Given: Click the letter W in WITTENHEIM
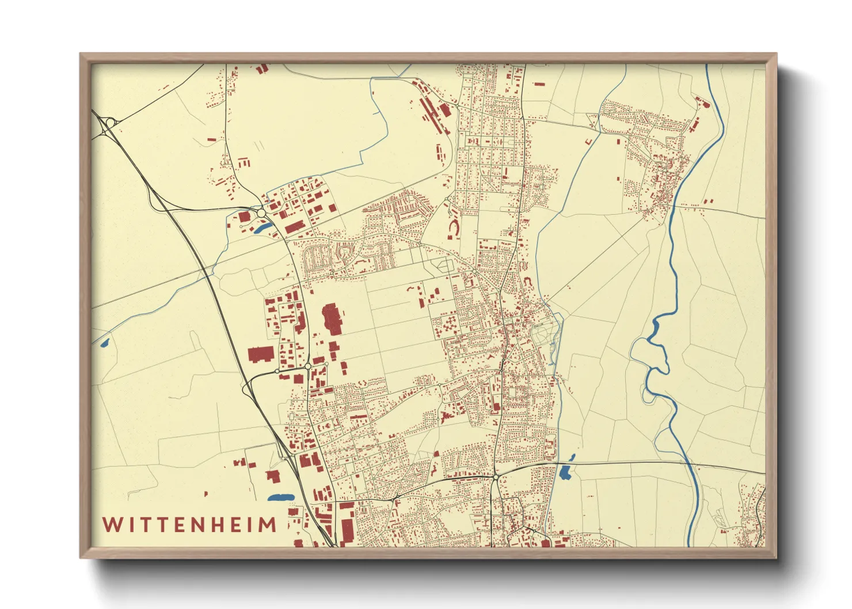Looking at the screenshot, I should (x=112, y=525).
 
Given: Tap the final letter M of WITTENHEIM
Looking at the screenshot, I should (x=267, y=525).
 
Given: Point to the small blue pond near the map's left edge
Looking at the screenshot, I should (x=104, y=344).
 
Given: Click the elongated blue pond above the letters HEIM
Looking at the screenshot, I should (x=280, y=497).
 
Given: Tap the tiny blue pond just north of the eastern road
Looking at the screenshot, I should (x=572, y=458).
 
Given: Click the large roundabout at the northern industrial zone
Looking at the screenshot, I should (x=262, y=213).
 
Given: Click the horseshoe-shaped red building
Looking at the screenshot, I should (x=454, y=229).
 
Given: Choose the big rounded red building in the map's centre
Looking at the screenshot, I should (x=331, y=318).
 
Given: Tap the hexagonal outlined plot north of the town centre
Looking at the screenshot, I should (x=444, y=265).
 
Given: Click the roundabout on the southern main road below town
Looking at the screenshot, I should (x=496, y=477).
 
